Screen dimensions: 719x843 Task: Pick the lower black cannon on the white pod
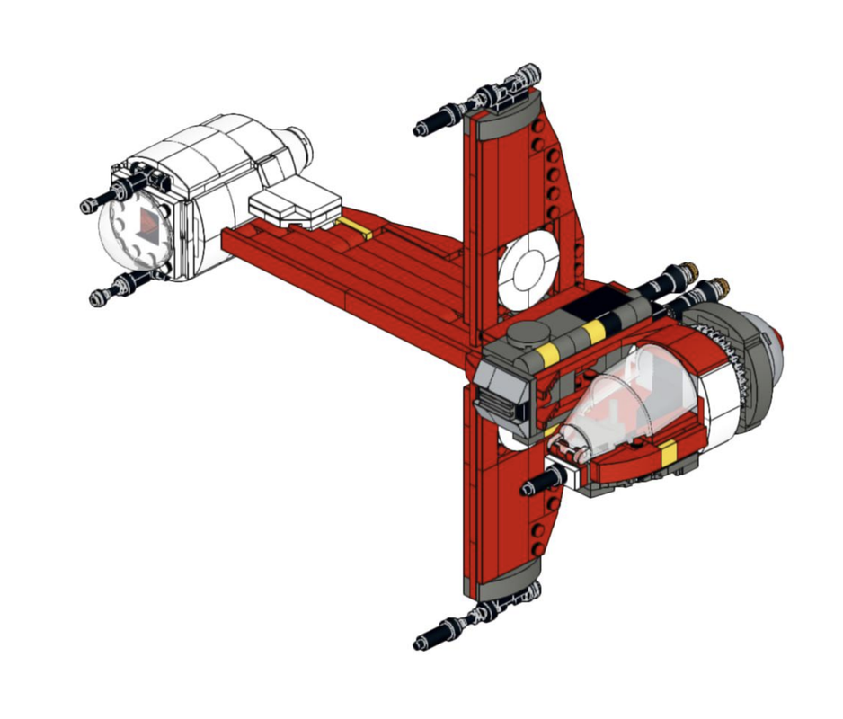[112, 290]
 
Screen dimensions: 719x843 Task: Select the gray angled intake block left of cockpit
[503, 386]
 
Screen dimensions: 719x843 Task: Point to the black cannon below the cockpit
[539, 485]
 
